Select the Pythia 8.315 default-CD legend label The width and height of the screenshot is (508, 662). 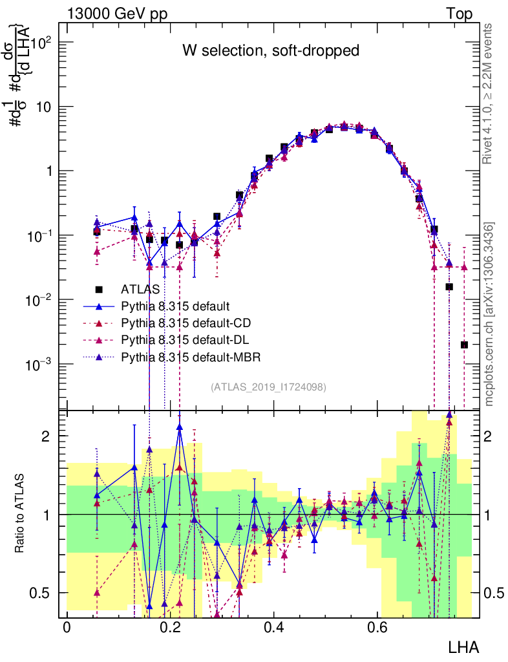(185, 322)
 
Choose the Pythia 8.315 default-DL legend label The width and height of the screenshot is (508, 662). (184, 339)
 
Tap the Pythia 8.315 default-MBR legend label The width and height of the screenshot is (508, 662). (188, 356)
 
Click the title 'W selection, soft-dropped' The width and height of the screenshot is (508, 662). (270, 50)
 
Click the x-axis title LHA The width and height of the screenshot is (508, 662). (463, 646)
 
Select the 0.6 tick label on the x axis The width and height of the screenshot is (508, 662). (377, 628)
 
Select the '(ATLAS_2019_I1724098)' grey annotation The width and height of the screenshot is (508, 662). (268, 387)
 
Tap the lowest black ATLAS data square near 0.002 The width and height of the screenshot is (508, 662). (464, 345)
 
